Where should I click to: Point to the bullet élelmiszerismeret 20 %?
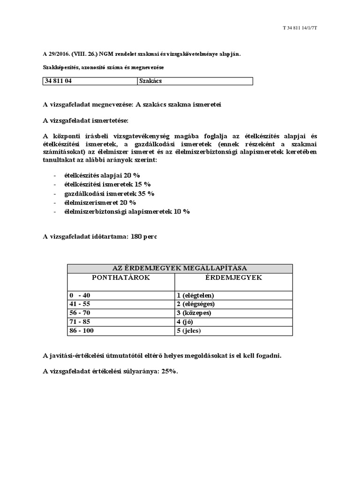tap(100, 202)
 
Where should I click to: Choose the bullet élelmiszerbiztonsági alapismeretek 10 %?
tap(127, 211)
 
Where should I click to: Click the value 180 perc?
tap(144, 237)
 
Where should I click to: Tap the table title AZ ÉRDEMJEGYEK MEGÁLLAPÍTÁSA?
tap(180, 268)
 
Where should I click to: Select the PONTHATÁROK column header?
tap(120, 277)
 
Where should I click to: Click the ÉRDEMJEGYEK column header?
tap(233, 277)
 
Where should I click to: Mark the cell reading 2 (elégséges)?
tap(196, 304)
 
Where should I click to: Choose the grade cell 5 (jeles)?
tap(189, 331)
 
